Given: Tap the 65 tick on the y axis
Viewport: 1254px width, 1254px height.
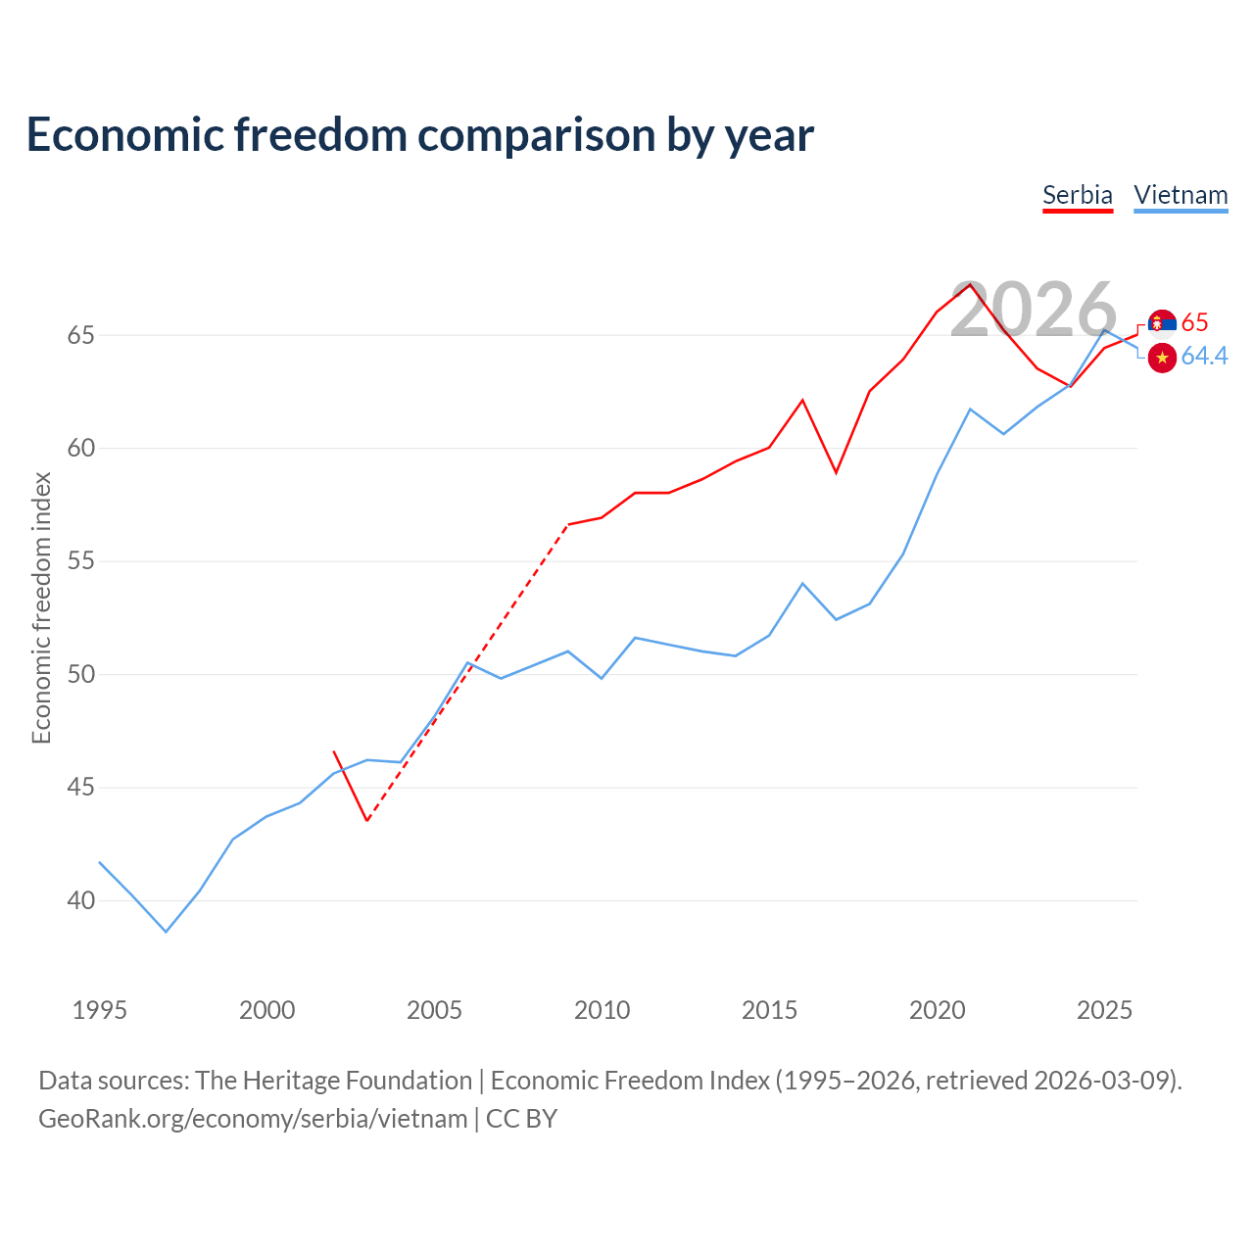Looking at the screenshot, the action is point(80,335).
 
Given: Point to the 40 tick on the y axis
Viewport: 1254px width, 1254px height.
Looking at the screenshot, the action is point(80,900).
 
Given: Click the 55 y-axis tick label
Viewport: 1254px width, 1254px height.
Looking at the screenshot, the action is point(80,561).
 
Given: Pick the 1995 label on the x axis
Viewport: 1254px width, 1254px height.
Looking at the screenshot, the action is point(100,1010).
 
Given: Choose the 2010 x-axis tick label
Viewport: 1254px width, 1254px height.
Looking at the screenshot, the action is point(602,1010).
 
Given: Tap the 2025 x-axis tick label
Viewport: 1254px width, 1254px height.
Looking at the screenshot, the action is point(1104,1010).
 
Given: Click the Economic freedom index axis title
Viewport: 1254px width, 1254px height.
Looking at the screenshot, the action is point(41,607).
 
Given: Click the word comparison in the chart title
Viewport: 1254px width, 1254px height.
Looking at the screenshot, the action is point(536,135).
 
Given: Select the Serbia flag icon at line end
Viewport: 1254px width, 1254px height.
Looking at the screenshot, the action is point(1162,323).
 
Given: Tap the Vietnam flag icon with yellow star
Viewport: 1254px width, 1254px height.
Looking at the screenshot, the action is point(1162,358).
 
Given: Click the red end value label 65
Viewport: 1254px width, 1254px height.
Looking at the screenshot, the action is point(1195,322).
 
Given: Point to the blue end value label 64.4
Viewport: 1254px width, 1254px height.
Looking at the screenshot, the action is point(1205,356).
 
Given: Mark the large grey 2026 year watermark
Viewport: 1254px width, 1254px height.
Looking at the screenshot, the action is point(1034,310).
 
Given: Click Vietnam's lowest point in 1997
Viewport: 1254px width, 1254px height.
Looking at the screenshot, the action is point(166,932).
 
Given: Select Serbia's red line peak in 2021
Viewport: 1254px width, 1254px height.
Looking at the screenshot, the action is point(970,284).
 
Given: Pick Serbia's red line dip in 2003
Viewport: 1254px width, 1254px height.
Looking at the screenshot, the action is point(367,820).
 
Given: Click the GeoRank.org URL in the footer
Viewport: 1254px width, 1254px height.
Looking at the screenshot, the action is point(253,1119).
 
